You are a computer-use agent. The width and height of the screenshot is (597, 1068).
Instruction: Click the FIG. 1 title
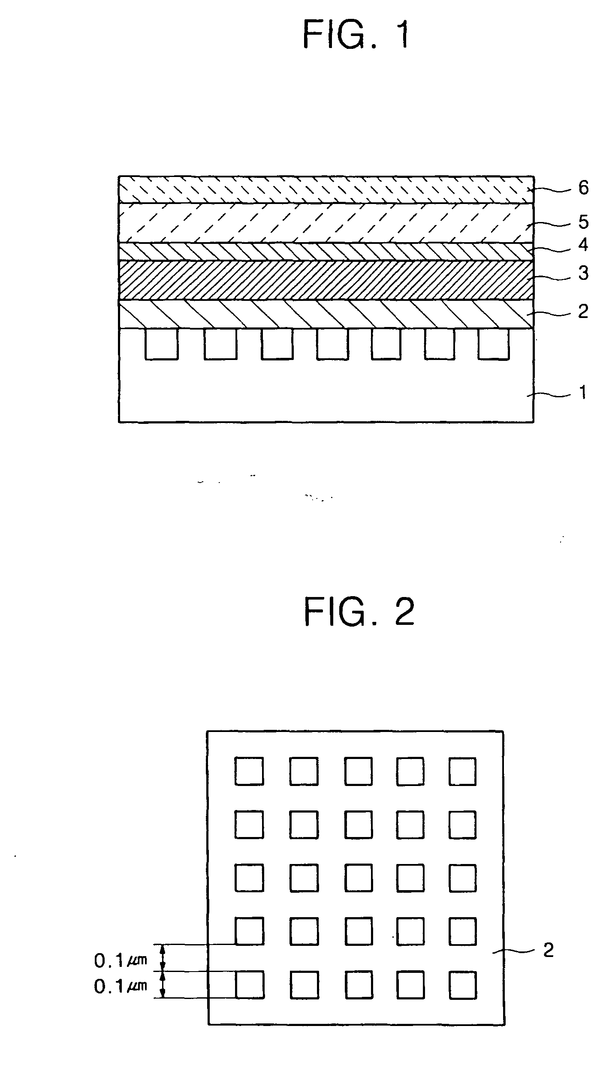point(356,35)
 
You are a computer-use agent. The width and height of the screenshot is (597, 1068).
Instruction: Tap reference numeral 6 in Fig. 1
point(583,188)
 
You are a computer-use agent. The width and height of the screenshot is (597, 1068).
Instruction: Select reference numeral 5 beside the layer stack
point(583,222)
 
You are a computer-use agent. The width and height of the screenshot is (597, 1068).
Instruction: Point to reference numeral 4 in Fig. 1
point(583,245)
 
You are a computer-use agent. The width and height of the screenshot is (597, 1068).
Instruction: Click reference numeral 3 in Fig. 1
point(583,273)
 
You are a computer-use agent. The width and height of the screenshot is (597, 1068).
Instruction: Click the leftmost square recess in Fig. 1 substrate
point(162,343)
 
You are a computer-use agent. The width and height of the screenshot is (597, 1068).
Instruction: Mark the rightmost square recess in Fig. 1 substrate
point(494,343)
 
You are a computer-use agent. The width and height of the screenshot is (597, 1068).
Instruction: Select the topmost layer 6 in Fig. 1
point(326,189)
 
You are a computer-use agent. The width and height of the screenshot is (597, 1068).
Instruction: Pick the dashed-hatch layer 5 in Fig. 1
point(326,223)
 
